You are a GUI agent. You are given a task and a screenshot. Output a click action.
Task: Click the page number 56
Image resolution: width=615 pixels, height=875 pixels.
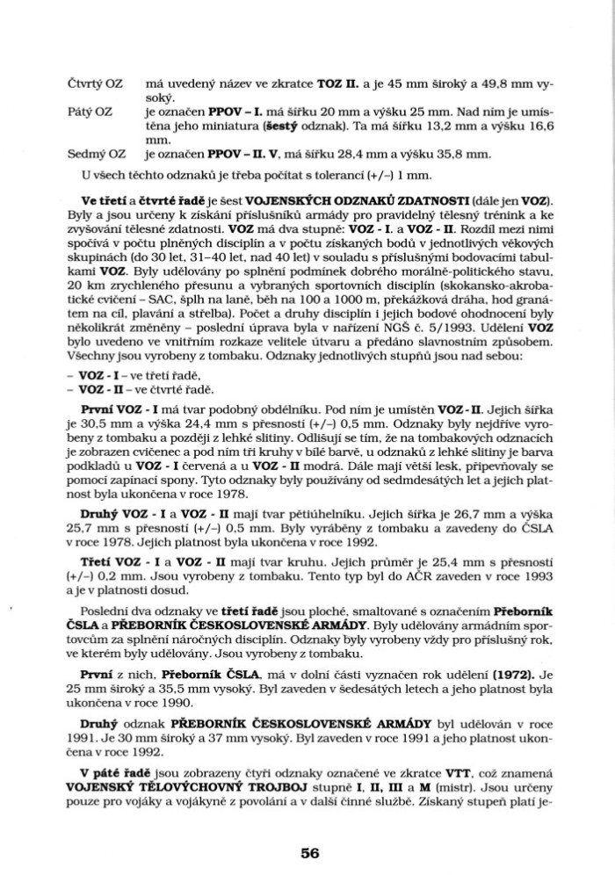[x=307, y=851]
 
